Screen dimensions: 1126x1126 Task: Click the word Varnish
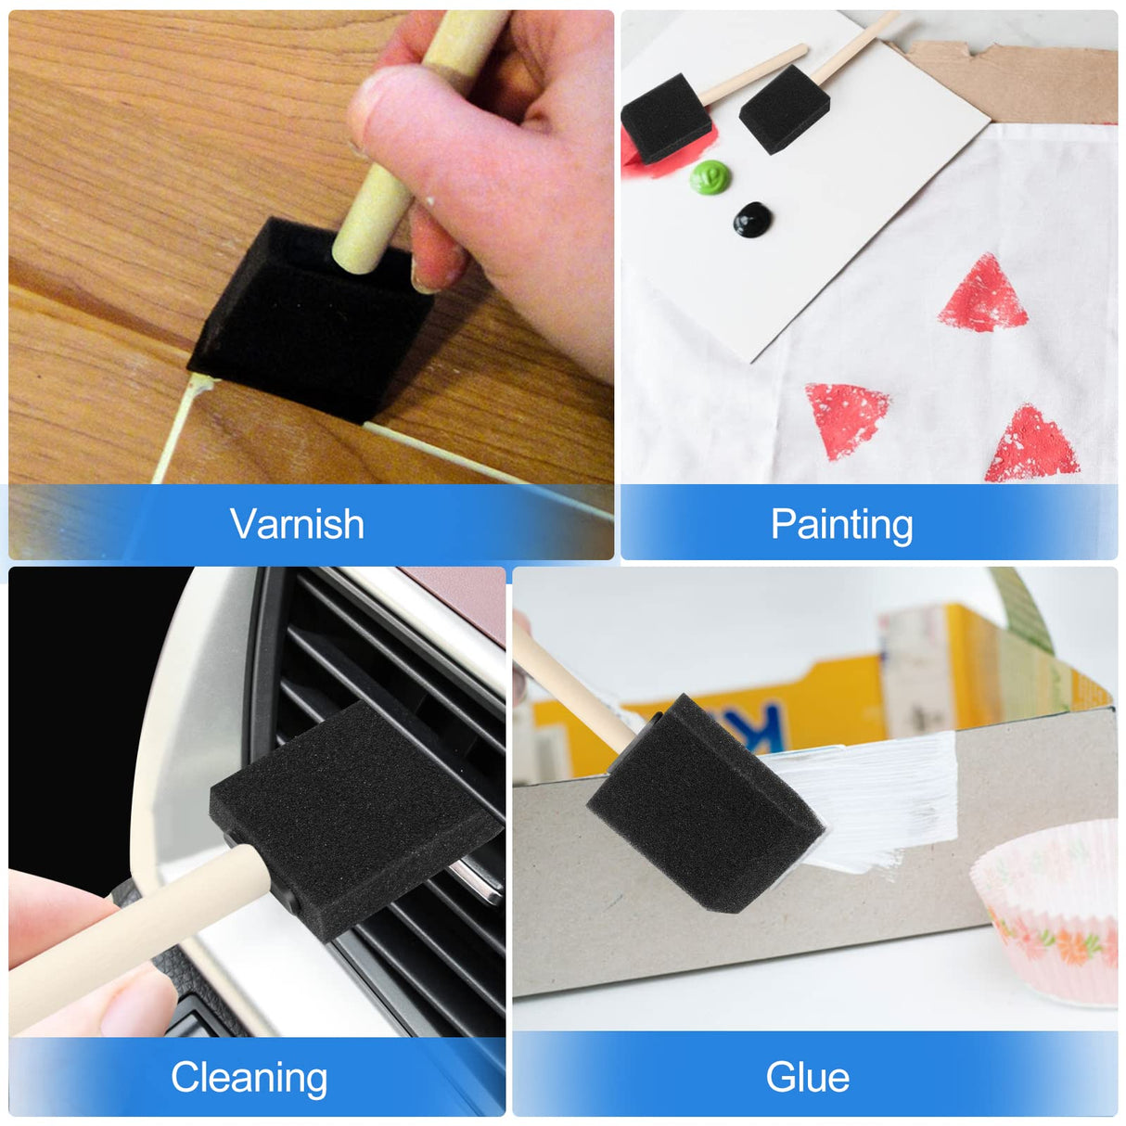tap(297, 524)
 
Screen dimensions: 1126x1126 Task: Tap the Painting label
tap(841, 525)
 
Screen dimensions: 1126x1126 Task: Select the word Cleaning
tap(249, 1078)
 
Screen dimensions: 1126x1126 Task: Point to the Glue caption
tap(807, 1078)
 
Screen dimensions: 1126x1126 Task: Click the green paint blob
tap(710, 175)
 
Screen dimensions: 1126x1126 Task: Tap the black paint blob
tap(752, 219)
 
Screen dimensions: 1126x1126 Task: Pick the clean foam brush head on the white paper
tap(785, 109)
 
